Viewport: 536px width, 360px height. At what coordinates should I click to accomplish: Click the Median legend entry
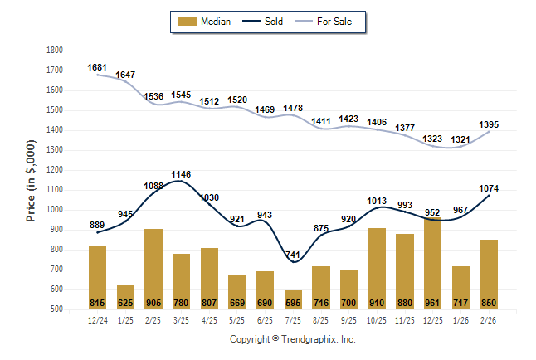[207, 22]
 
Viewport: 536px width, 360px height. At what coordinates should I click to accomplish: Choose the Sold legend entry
[264, 22]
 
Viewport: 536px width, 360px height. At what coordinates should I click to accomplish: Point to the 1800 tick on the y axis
[54, 51]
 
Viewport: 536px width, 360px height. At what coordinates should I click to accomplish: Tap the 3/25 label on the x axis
[181, 319]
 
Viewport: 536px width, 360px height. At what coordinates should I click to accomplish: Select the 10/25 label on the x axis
[377, 319]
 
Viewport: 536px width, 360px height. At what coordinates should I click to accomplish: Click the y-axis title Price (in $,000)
[31, 179]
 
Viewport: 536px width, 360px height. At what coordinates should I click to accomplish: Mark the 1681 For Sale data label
[98, 67]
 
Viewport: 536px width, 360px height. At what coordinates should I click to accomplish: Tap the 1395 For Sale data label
[490, 124]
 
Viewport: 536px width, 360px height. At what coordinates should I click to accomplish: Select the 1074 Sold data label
[490, 188]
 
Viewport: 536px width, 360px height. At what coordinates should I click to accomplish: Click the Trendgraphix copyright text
[292, 340]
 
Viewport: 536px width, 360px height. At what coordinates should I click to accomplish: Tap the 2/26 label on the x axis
[489, 319]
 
